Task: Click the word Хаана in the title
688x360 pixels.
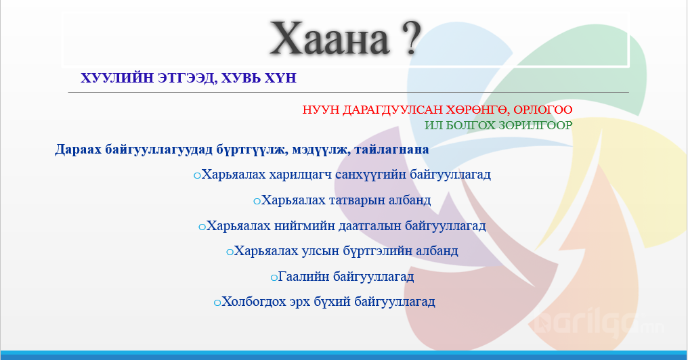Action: (329, 39)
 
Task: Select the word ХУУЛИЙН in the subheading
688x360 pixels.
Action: (117, 78)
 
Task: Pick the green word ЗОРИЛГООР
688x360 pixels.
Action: (536, 125)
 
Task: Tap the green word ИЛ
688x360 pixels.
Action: (432, 125)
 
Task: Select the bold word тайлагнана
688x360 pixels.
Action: (391, 150)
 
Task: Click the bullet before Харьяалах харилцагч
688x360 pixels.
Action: (197, 176)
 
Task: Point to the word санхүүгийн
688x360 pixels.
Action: (371, 175)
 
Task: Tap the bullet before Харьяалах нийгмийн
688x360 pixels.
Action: (202, 227)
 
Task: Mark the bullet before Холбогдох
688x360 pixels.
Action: (217, 303)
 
